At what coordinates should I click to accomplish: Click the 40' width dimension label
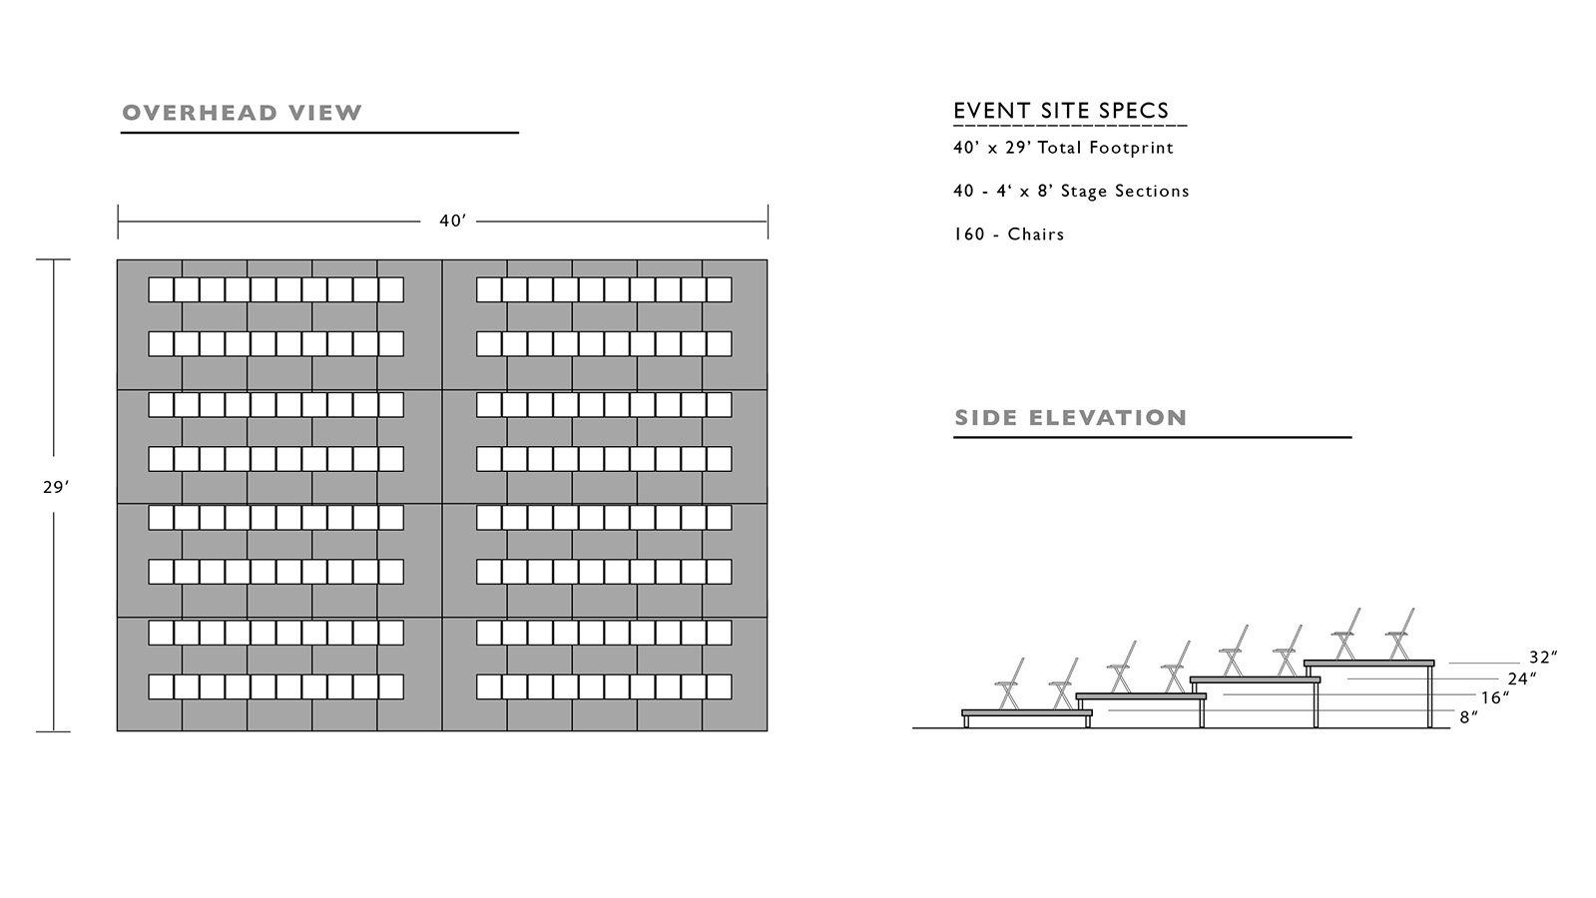pyautogui.click(x=452, y=221)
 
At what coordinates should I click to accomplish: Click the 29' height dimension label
pyautogui.click(x=56, y=487)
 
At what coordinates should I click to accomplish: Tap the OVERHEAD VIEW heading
pyautogui.click(x=243, y=113)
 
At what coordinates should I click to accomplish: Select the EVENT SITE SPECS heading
pyautogui.click(x=1061, y=111)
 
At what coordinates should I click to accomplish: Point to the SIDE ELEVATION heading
pyautogui.click(x=1070, y=417)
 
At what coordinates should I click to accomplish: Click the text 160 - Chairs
pyautogui.click(x=1009, y=234)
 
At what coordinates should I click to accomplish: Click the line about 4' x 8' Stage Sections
pyautogui.click(x=1072, y=191)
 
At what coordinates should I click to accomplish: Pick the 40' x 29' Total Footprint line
pyautogui.click(x=1063, y=148)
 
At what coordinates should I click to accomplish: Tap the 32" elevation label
pyautogui.click(x=1543, y=657)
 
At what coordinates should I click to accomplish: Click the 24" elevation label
pyautogui.click(x=1522, y=678)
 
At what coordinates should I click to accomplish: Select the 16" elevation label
pyautogui.click(x=1495, y=697)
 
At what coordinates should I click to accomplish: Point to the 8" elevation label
pyautogui.click(x=1469, y=717)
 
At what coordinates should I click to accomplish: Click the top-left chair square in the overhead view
pyautogui.click(x=161, y=289)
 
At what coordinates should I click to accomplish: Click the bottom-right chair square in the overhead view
pyautogui.click(x=719, y=686)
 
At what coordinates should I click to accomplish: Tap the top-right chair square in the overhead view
pyautogui.click(x=719, y=289)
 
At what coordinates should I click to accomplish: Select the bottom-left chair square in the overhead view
pyautogui.click(x=161, y=686)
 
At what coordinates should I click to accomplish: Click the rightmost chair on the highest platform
pyautogui.click(x=1400, y=635)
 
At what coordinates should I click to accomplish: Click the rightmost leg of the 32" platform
pyautogui.click(x=1429, y=696)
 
